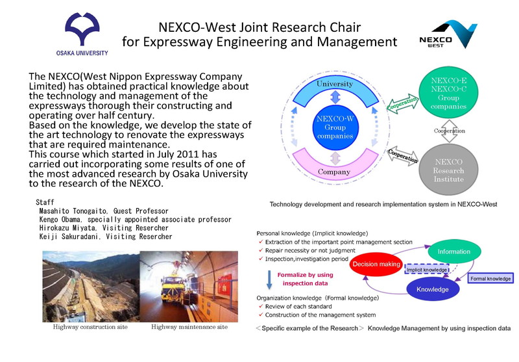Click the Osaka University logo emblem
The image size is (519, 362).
pos(82,29)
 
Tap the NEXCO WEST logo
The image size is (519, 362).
pos(448,34)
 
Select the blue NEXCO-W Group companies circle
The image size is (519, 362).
pos(335,127)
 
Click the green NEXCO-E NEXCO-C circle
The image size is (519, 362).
pos(448,93)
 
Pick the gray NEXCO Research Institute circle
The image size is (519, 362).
pos(448,170)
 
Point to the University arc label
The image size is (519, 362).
pos(335,84)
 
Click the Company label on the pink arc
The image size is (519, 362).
pos(334,172)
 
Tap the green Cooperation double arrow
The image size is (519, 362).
pos(402,103)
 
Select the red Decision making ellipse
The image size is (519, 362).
pos(376,265)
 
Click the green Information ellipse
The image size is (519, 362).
pos(453,252)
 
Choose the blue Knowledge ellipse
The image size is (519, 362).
pos(433,289)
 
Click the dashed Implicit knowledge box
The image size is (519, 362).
pos(427,270)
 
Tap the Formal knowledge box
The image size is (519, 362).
pos(490,278)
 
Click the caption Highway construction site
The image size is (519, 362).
pos(90,327)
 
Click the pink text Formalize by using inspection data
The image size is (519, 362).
pos(305,279)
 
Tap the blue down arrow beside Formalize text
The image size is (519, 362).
pos(269,280)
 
